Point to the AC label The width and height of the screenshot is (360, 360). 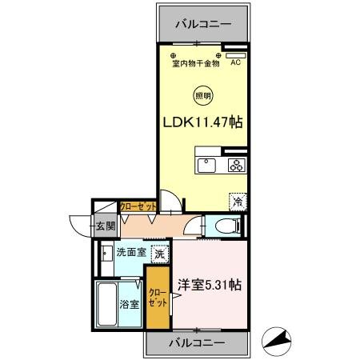pos(235,62)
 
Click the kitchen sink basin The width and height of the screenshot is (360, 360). pos(206,166)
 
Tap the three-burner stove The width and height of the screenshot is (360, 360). pos(236,166)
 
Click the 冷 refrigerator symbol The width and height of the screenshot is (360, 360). pos(238,202)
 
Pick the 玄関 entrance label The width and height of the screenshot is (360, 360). pos(106,224)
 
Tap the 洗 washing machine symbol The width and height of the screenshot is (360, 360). pos(160,254)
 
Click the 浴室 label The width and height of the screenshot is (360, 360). pos(130,304)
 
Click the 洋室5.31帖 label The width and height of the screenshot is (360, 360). pos(210,283)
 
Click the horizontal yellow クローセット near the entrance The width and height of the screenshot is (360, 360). pos(137,206)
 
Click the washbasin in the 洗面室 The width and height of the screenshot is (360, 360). pos(106,257)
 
